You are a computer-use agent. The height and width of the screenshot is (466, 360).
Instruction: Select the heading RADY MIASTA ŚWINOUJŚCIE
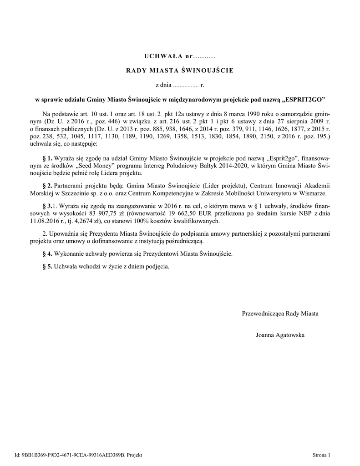tap(180, 71)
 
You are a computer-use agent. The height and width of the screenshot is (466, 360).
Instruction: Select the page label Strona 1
tap(321, 455)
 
